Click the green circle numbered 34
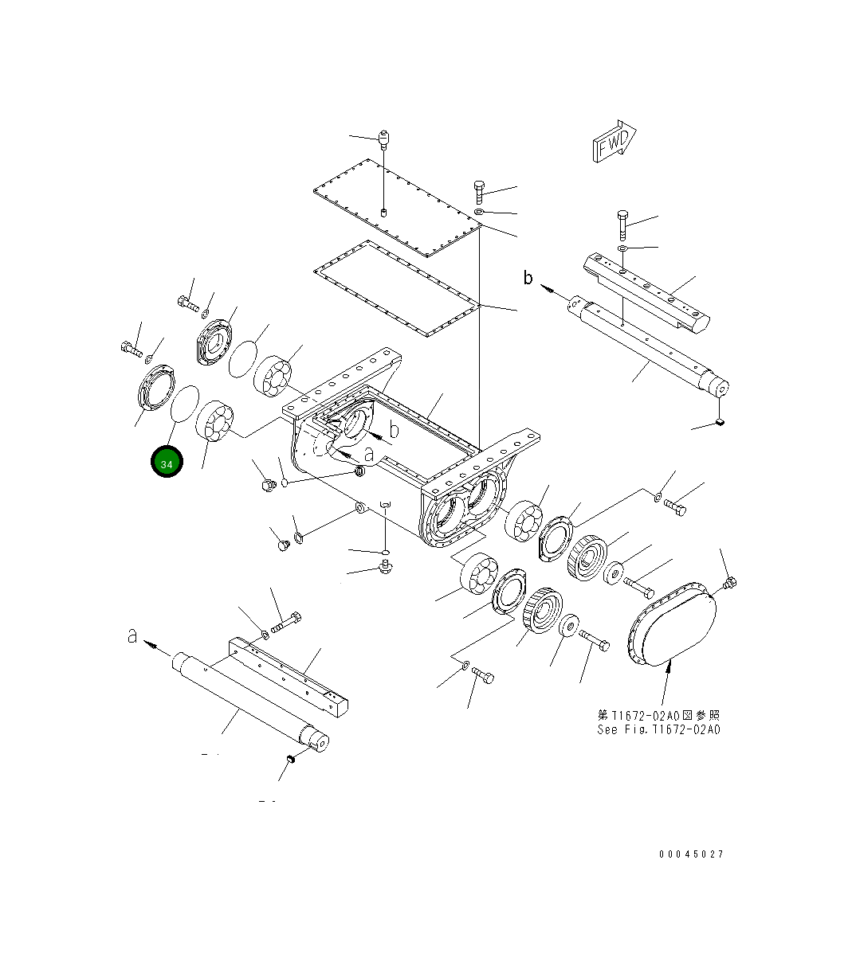point(167,463)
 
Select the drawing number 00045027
point(691,854)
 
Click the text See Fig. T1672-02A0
point(658,729)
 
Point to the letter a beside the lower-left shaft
point(133,636)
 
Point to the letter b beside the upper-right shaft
point(528,278)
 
